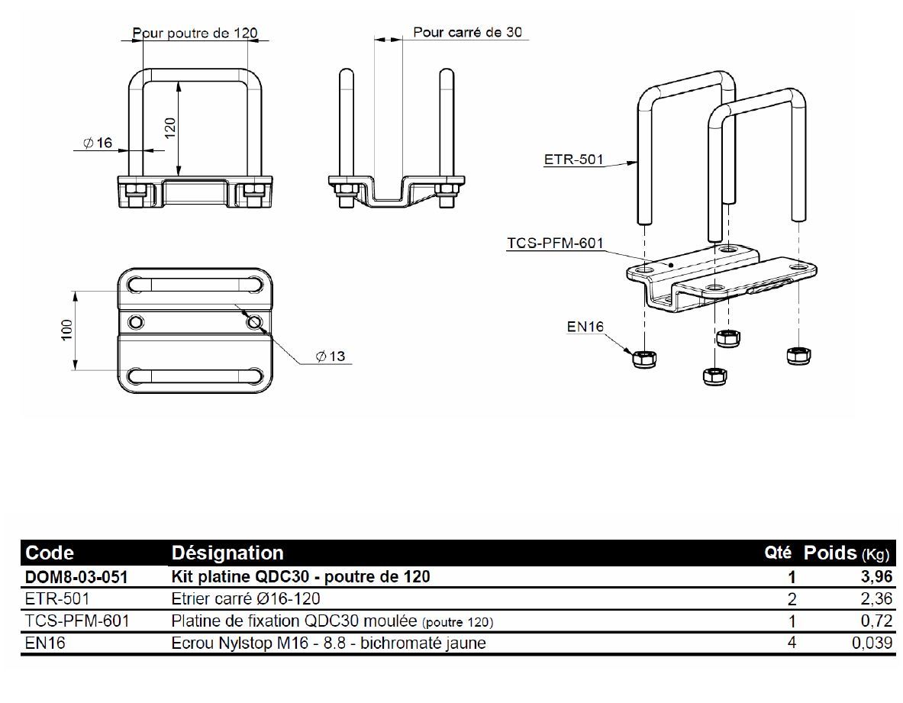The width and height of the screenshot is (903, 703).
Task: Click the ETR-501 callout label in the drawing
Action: click(x=573, y=160)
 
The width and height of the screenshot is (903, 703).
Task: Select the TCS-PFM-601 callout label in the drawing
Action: click(x=555, y=243)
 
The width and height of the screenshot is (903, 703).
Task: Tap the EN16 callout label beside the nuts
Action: click(x=585, y=327)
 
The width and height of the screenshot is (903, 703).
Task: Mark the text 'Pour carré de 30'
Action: click(x=468, y=32)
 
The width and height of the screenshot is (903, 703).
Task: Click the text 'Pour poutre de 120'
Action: click(x=195, y=33)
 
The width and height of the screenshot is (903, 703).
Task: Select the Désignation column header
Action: click(x=227, y=553)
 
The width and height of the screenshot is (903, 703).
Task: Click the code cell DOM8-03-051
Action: click(x=76, y=577)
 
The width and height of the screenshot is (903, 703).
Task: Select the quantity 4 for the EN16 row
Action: click(x=792, y=643)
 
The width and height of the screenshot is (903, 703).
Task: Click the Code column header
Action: click(x=50, y=553)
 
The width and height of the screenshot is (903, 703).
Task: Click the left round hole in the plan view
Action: click(x=136, y=321)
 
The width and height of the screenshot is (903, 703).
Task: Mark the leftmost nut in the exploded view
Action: click(x=642, y=356)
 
